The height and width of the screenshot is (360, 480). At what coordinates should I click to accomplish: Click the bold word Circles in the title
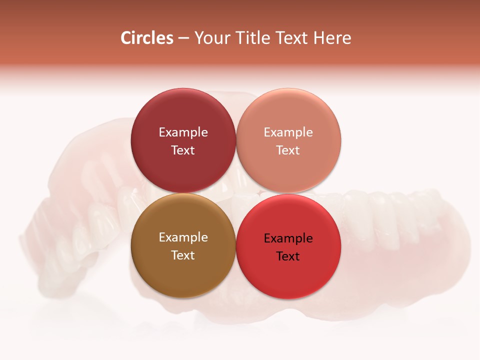[147, 38]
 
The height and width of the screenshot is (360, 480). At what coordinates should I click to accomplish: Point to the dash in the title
[183, 38]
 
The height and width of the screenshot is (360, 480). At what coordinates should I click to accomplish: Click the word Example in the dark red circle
[183, 132]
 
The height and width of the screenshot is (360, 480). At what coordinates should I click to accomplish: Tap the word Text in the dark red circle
[183, 150]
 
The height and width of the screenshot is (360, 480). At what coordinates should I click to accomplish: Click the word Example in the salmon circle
[288, 132]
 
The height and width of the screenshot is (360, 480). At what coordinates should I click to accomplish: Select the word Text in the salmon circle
[288, 150]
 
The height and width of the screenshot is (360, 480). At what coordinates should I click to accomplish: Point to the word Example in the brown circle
[183, 237]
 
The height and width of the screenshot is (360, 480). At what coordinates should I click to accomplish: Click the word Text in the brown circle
[183, 255]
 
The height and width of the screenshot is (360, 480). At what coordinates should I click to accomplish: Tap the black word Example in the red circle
[288, 238]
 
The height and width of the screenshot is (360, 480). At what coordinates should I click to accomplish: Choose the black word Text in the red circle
[288, 256]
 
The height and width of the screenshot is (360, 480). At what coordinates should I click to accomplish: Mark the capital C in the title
[126, 38]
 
